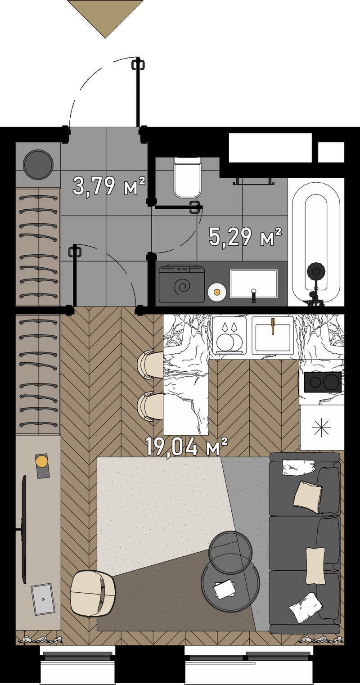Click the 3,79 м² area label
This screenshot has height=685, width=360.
coord(108,186)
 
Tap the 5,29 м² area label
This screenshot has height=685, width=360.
coord(245,237)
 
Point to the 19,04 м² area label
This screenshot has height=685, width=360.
coord(186,447)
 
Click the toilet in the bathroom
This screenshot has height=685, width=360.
coord(188,177)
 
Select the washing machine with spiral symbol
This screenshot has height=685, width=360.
coord(182,284)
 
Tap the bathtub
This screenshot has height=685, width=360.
coord(315,242)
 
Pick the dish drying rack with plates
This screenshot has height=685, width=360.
coord(229,336)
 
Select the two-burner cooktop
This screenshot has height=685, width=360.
coord(323,382)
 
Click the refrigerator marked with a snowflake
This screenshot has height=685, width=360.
coord(322,427)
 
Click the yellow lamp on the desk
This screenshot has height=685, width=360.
coord(42,461)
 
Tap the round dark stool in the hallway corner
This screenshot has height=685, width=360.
coord(38,165)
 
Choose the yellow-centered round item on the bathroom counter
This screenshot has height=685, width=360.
coord(217,292)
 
